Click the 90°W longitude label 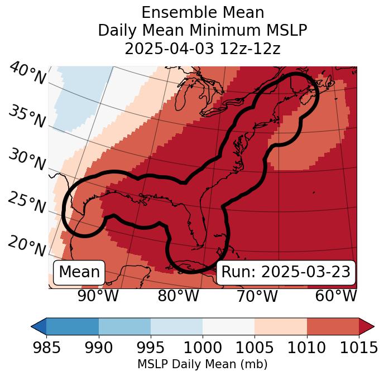pyautogui.click(x=98, y=296)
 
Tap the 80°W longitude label pyautogui.click(x=178, y=296)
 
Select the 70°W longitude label pyautogui.click(x=257, y=296)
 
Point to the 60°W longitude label pyautogui.click(x=335, y=296)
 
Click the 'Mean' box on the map pyautogui.click(x=79, y=272)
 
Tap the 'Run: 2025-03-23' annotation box pyautogui.click(x=286, y=272)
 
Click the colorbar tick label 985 pyautogui.click(x=46, y=348)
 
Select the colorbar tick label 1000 pyautogui.click(x=203, y=348)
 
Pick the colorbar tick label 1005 pyautogui.click(x=255, y=348)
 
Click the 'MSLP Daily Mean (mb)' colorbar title pyautogui.click(x=203, y=365)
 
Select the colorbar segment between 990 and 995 pyautogui.click(x=124, y=326)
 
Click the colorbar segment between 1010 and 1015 pyautogui.click(x=333, y=326)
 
